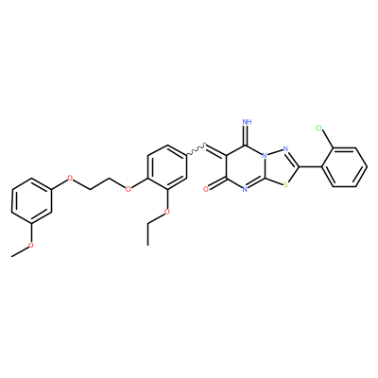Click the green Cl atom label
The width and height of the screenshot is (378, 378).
click(318, 128)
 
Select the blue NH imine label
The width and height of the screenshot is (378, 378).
click(248, 122)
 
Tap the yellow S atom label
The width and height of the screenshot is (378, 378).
click(285, 185)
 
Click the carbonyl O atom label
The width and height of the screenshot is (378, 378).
click(206, 189)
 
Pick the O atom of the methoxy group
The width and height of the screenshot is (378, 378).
click(31, 245)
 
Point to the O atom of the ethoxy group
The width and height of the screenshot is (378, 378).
click(167, 212)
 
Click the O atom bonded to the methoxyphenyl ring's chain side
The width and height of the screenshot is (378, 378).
click(70, 178)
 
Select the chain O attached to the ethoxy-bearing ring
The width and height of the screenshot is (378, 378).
click(128, 189)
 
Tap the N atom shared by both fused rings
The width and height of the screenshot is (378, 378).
click(266, 156)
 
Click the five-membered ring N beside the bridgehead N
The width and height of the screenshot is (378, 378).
click(285, 148)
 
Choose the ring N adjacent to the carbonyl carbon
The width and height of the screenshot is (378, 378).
click(246, 189)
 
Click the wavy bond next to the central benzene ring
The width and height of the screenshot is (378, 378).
click(198, 149)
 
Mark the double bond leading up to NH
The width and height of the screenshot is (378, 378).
click(247, 136)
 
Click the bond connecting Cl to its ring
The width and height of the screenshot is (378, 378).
click(328, 139)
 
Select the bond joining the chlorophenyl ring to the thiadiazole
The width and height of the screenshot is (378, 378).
click(310, 166)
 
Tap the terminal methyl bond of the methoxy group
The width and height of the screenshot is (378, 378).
click(20, 251)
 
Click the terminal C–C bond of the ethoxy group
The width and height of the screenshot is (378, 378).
click(147, 233)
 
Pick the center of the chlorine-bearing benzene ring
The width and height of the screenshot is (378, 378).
click(344, 167)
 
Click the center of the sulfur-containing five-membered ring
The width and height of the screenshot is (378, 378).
click(280, 167)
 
